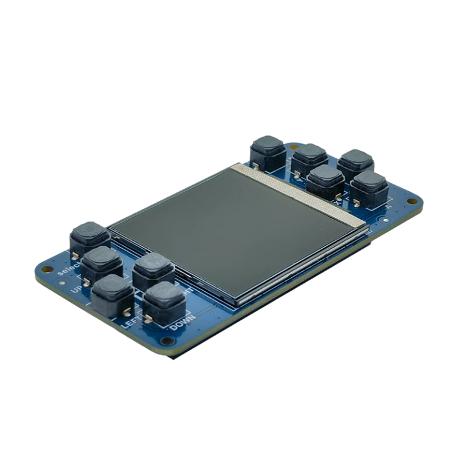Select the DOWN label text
tap(182, 323)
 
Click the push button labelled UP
tap(102, 261)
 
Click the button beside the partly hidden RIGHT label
tap(152, 268)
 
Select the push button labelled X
tap(326, 178)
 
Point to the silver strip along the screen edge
tap(303, 194)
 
